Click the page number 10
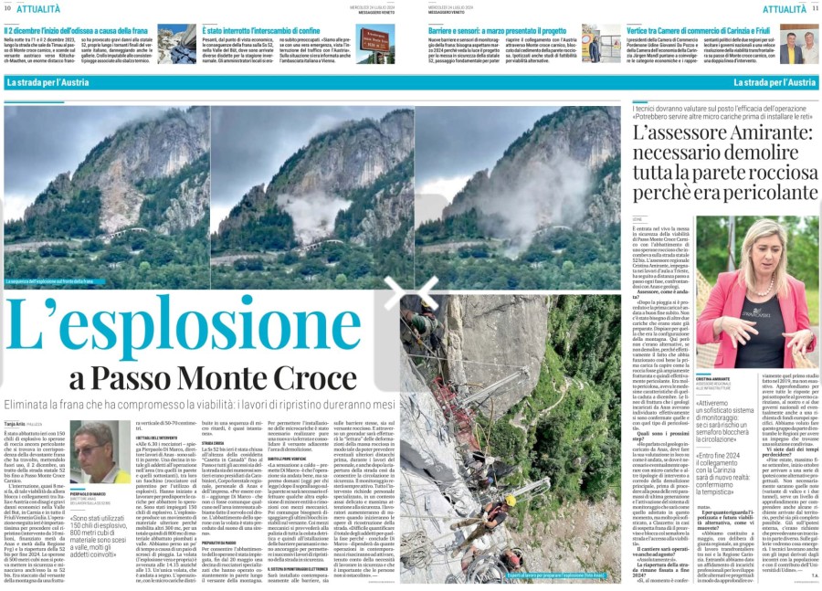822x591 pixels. point(7,8)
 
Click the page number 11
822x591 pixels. point(816,8)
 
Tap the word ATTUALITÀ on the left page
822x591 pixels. point(39,8)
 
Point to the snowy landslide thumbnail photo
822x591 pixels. point(176,44)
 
